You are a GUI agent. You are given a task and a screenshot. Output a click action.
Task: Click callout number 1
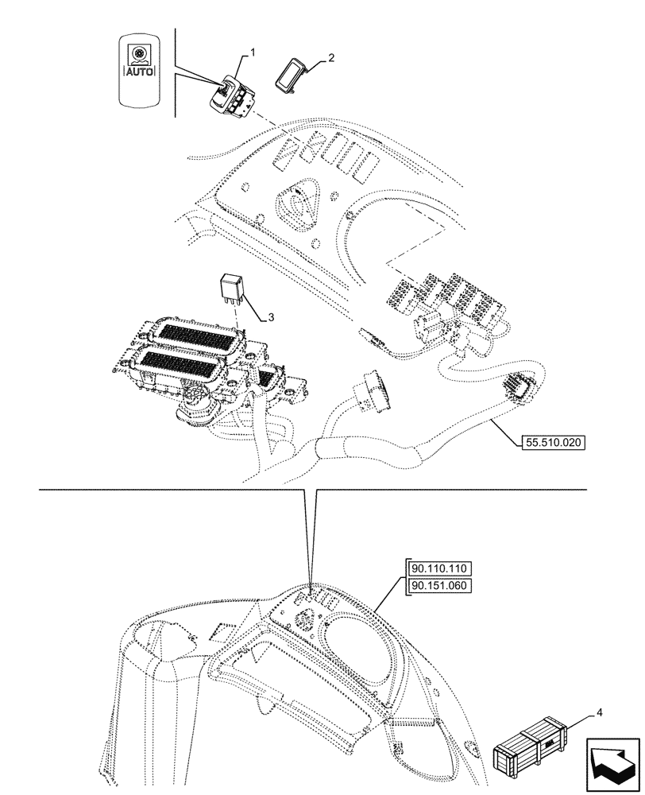point(253,52)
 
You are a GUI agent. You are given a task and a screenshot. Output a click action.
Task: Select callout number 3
point(270,317)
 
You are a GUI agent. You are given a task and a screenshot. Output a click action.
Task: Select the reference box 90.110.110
point(441,568)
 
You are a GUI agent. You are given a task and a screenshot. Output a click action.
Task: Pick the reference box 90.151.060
point(441,587)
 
